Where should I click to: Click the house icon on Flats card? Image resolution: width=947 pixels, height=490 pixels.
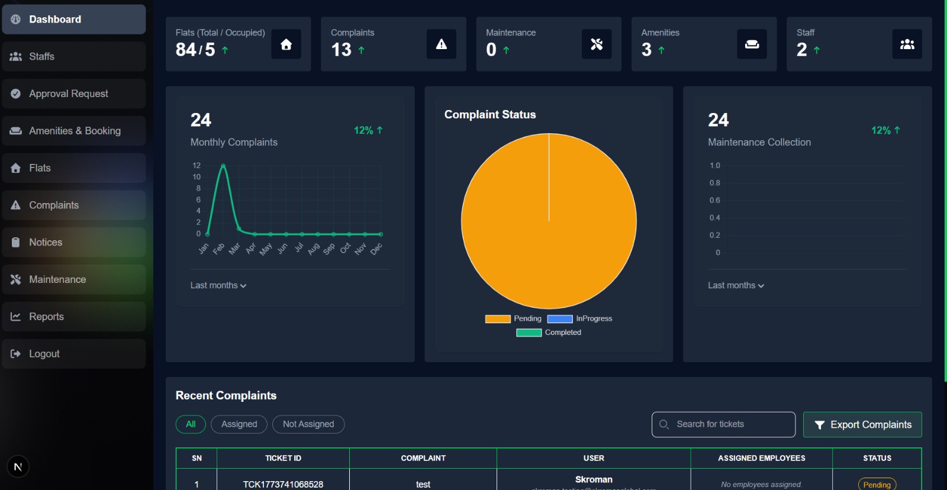(x=286, y=44)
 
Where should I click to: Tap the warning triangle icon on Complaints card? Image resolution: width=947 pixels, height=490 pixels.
(x=442, y=44)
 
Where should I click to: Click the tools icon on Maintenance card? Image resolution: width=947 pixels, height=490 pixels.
(x=597, y=44)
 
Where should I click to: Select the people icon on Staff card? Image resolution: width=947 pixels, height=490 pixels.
(x=907, y=44)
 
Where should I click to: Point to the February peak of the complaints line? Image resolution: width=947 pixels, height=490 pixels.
(x=223, y=166)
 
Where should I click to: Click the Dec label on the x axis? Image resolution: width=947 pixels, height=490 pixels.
(x=376, y=249)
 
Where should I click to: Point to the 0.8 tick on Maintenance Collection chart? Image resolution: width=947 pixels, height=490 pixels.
(x=715, y=183)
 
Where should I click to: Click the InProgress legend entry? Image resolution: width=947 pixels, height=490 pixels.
(x=580, y=318)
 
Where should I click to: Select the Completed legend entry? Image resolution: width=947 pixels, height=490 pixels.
(x=549, y=333)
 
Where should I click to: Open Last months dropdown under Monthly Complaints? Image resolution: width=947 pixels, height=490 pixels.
(x=218, y=285)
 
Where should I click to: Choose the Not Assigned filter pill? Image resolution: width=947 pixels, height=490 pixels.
(x=308, y=424)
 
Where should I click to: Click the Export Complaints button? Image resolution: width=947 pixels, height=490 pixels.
(x=862, y=425)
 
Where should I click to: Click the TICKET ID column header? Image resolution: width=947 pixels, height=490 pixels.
(x=283, y=458)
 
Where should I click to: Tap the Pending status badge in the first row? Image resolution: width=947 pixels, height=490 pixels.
(x=877, y=485)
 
